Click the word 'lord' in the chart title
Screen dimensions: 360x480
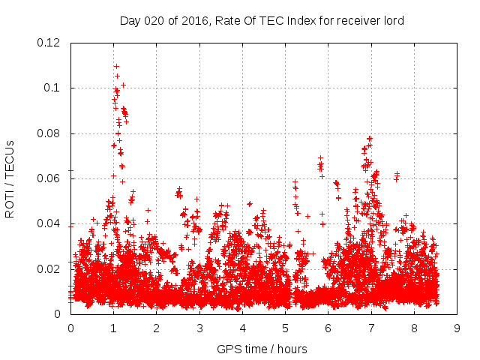pyautogui.click(x=392, y=21)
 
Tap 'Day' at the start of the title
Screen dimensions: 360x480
pyautogui.click(x=130, y=21)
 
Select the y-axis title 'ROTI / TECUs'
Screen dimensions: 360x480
pyautogui.click(x=10, y=178)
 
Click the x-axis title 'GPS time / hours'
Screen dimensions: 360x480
pyautogui.click(x=262, y=349)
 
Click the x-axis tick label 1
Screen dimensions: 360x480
pyautogui.click(x=114, y=328)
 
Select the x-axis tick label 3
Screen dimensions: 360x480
pyautogui.click(x=200, y=328)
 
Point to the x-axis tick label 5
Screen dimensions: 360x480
pyautogui.click(x=286, y=328)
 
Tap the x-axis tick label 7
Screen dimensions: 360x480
pyautogui.click(x=372, y=328)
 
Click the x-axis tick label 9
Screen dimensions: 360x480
pyautogui.click(x=457, y=328)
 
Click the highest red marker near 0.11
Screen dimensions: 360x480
pyautogui.click(x=116, y=66)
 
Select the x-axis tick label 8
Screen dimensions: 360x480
pyautogui.click(x=415, y=328)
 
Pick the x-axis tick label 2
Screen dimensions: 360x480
pyautogui.click(x=157, y=328)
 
